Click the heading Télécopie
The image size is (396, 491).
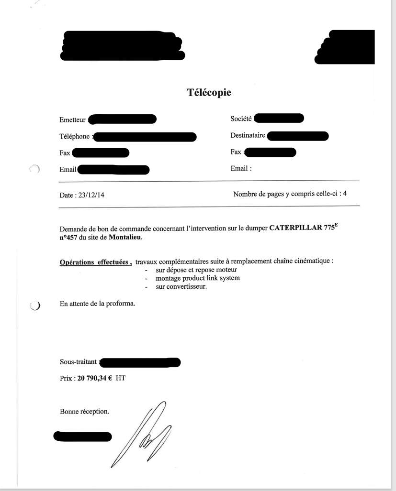(209, 93)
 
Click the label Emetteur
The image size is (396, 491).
(72, 120)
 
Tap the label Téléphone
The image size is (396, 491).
(75, 137)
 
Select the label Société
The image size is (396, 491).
(241, 119)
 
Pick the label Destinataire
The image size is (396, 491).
(248, 136)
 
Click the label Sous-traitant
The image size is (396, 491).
(78, 362)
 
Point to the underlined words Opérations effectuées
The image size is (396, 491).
(95, 262)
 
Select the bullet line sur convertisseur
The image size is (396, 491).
(181, 287)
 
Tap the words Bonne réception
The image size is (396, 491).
(84, 411)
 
